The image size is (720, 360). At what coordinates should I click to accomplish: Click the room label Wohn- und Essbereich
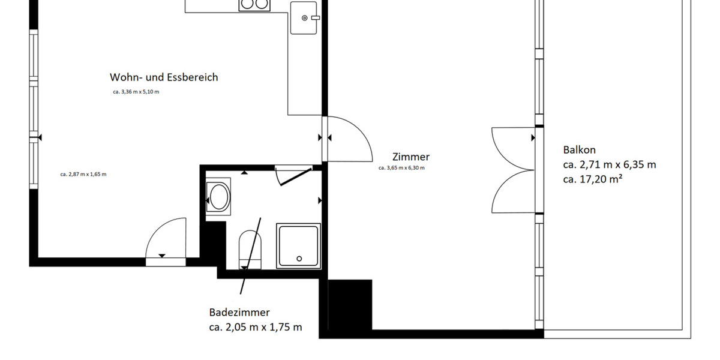pyautogui.click(x=164, y=77)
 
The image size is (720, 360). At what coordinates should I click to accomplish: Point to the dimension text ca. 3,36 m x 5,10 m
pyautogui.click(x=136, y=92)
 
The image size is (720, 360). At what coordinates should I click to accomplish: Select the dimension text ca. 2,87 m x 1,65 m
pyautogui.click(x=83, y=175)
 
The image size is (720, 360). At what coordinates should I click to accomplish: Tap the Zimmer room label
pyautogui.click(x=411, y=157)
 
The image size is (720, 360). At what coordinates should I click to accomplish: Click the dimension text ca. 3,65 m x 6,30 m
pyautogui.click(x=401, y=168)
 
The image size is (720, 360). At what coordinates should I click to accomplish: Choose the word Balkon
pyautogui.click(x=579, y=150)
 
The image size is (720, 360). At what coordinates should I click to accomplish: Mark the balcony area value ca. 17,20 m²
pyautogui.click(x=592, y=178)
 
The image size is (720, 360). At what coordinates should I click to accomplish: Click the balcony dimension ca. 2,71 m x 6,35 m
pyautogui.click(x=609, y=164)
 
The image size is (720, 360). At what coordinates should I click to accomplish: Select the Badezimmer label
pyautogui.click(x=239, y=313)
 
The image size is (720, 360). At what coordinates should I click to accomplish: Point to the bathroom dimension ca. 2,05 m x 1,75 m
pyautogui.click(x=256, y=328)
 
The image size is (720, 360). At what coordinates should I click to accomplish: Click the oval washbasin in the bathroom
pyautogui.click(x=218, y=196)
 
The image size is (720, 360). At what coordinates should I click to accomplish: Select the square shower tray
pyautogui.click(x=298, y=245)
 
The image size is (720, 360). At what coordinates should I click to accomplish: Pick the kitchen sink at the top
pyautogui.click(x=304, y=17)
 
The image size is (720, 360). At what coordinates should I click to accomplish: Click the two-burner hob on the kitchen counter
pyautogui.click(x=254, y=5)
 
